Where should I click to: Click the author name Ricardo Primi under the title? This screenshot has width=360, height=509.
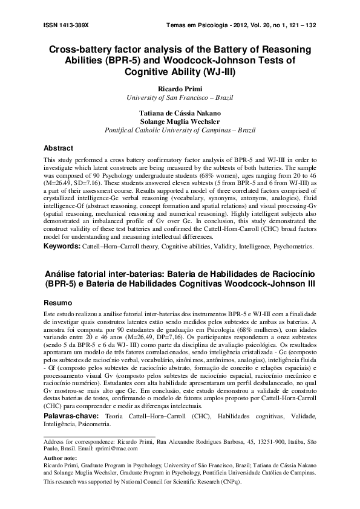pyautogui.click(x=180, y=88)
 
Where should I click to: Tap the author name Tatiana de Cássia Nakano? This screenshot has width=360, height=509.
pyautogui.click(x=180, y=112)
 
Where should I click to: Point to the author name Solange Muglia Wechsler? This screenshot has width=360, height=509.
pyautogui.click(x=180, y=121)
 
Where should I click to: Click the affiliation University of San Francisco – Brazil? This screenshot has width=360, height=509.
pyautogui.click(x=180, y=97)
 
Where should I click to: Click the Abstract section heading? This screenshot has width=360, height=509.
pyautogui.click(x=59, y=148)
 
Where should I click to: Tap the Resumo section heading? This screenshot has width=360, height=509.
pyautogui.click(x=58, y=302)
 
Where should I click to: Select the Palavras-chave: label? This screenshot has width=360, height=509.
pyautogui.click(x=70, y=417)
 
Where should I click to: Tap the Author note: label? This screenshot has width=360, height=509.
pyautogui.click(x=62, y=459)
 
